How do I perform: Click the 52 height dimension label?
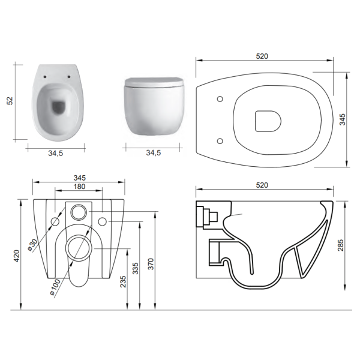point(10,101)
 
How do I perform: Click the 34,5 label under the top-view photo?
point(55,154)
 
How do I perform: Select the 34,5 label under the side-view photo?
point(154,152)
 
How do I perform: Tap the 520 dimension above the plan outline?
point(262,56)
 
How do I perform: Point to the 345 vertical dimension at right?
point(343,119)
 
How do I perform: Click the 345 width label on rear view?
point(79,178)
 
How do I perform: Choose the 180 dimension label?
point(79,187)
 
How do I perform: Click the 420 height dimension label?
point(17,256)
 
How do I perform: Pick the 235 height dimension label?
point(123,281)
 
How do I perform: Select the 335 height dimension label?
point(136,268)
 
